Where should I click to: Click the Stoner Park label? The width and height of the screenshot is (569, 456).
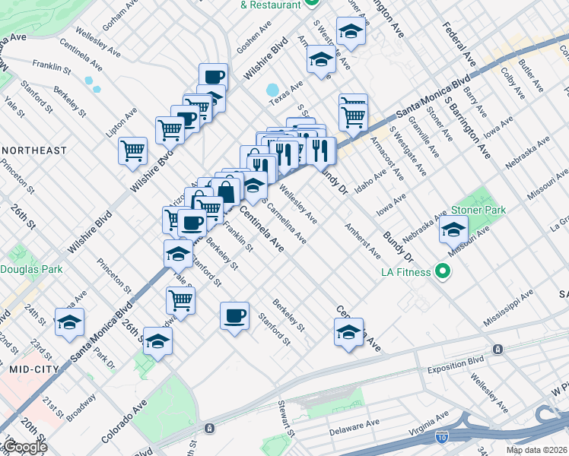pos(478,209)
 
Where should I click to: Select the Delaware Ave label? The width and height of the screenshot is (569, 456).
pos(354,428)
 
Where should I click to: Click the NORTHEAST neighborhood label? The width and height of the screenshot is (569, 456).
pos(33,150)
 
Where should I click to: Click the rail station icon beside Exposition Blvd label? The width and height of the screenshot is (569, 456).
pos(497,349)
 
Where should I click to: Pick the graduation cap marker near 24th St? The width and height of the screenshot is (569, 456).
pos(69,321)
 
